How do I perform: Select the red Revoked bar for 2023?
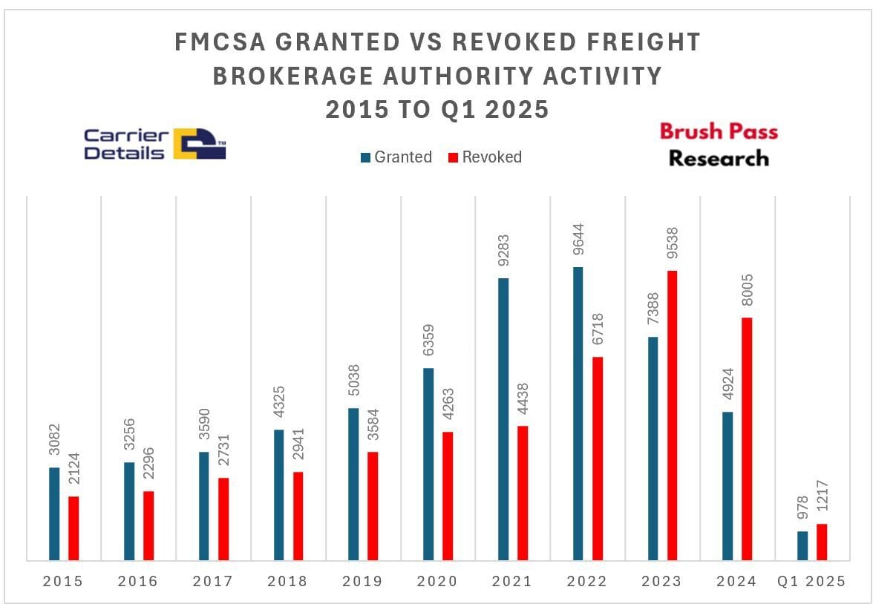[x=672, y=415]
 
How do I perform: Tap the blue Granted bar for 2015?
[x=54, y=513]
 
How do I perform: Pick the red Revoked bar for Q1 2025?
[x=822, y=542]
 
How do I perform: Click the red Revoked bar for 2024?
[x=747, y=439]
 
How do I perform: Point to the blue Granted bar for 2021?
[x=503, y=418]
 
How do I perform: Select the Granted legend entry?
[x=396, y=157]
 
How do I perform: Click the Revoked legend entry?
[x=484, y=157]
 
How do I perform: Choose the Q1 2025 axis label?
[x=811, y=582]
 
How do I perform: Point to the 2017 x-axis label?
[x=213, y=582]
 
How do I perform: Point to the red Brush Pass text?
[x=719, y=132]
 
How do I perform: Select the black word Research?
[x=719, y=158]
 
